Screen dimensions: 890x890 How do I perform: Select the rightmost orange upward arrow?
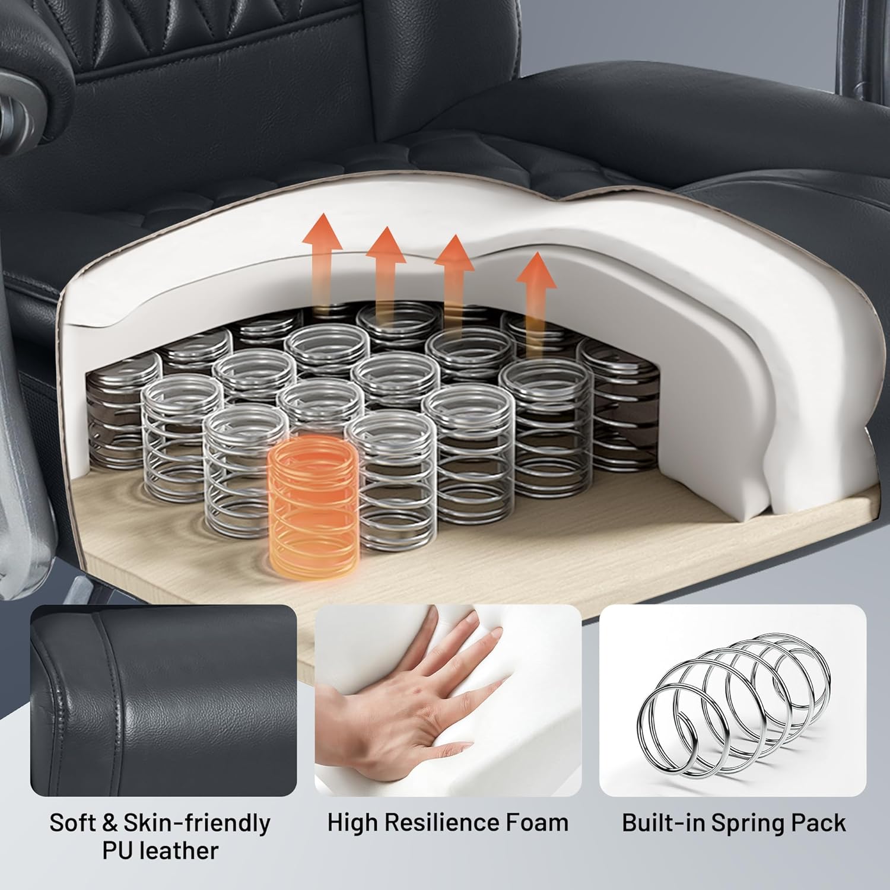536,303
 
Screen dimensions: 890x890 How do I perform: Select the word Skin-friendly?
196,824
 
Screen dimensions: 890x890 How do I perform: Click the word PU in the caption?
116,851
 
